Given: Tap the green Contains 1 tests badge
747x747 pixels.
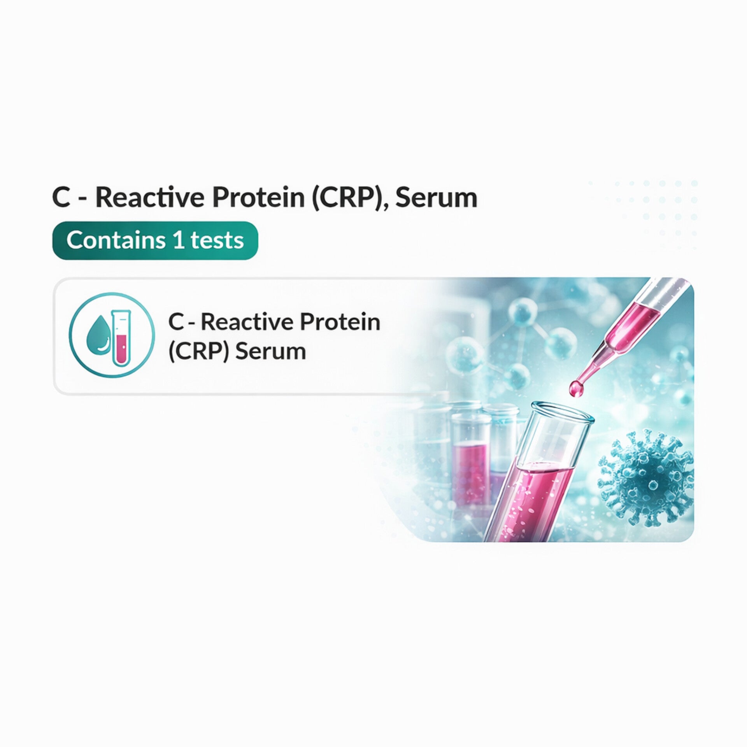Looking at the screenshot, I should click(155, 240).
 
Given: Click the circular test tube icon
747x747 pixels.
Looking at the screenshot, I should click(112, 337).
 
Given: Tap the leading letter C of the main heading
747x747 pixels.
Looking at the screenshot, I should click(61, 198).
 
